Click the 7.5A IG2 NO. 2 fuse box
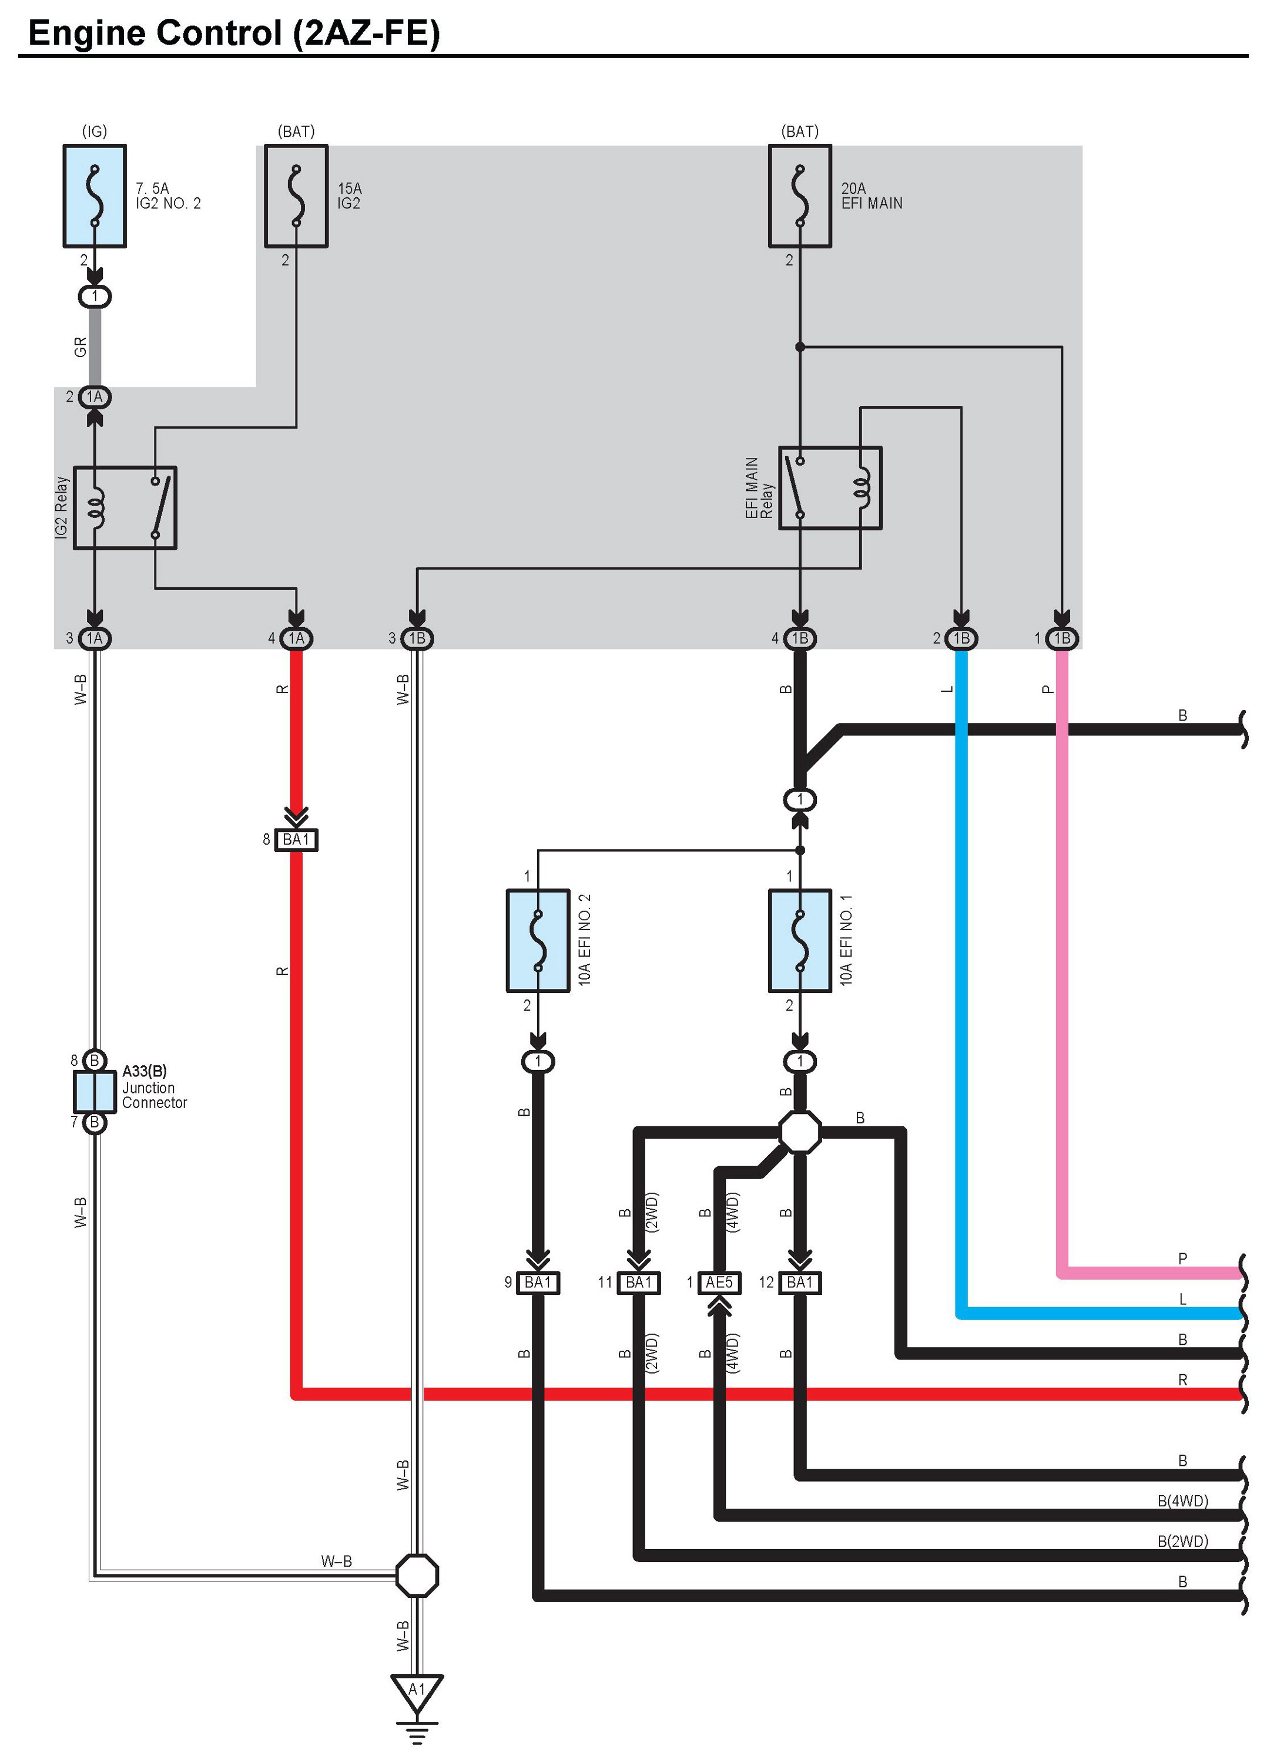(x=95, y=196)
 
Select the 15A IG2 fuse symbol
(x=297, y=196)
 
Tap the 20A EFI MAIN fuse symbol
(x=800, y=196)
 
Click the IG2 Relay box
(x=125, y=507)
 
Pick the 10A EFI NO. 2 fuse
(x=538, y=941)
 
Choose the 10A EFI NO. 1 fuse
(x=800, y=941)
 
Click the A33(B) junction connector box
(x=95, y=1091)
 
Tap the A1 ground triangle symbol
(x=417, y=1693)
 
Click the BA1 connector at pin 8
(x=297, y=840)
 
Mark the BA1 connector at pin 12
(x=800, y=1283)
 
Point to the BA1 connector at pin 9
(x=538, y=1283)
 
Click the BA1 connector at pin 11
(x=639, y=1283)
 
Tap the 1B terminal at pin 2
(x=962, y=638)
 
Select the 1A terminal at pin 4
(x=297, y=638)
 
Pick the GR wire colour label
(x=80, y=347)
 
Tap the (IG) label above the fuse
(x=95, y=131)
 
